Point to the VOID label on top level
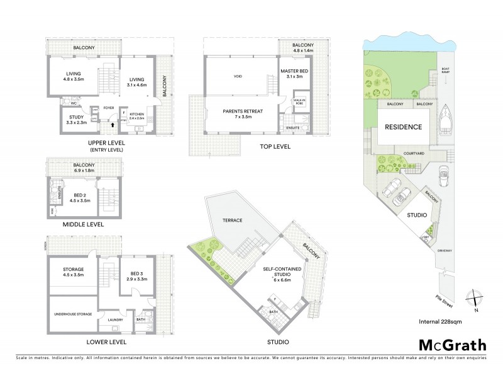point(238,76)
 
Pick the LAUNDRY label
point(115,319)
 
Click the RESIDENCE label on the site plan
point(403,127)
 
